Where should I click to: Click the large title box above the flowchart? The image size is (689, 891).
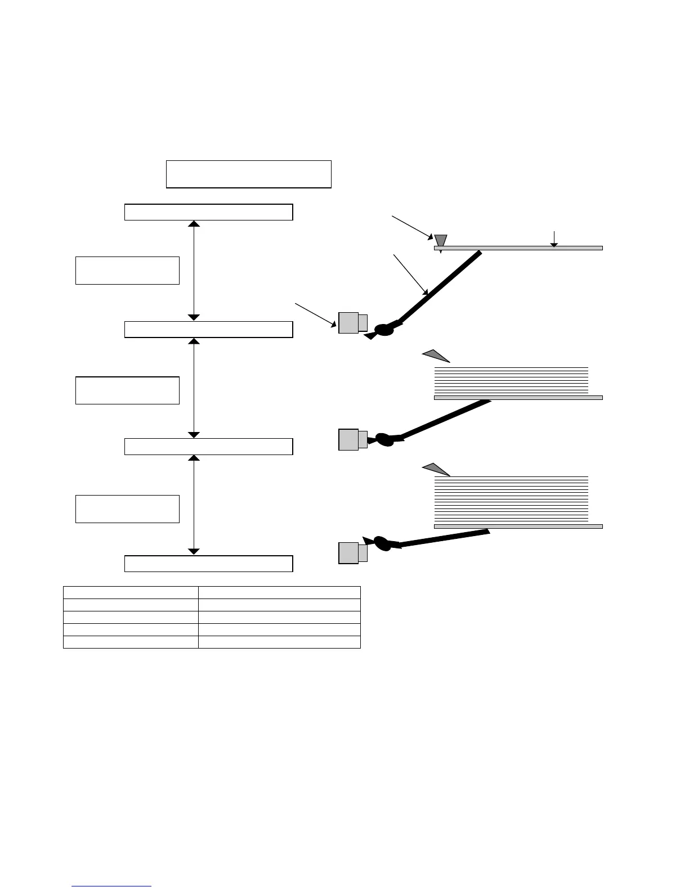[x=248, y=174]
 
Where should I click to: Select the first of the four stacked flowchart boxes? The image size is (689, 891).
[x=208, y=212]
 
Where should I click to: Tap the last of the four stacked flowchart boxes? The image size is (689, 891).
[x=208, y=564]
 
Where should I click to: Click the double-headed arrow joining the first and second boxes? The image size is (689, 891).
[x=194, y=271]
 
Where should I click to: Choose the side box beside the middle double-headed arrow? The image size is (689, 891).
[x=127, y=390]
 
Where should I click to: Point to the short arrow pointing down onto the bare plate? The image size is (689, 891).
[x=554, y=238]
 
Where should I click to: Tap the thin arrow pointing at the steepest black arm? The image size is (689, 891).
[x=410, y=274]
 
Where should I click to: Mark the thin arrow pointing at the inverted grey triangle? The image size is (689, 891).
[x=411, y=227]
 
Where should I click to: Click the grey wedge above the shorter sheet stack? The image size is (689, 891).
[x=436, y=355]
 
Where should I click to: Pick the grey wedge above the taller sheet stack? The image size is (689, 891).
[x=436, y=468]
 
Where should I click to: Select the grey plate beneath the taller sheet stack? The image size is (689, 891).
[x=518, y=526]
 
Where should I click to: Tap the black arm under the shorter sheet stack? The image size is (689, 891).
[x=445, y=419]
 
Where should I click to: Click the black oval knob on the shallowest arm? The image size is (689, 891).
[x=383, y=543]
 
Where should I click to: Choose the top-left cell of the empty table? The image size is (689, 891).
[x=131, y=592]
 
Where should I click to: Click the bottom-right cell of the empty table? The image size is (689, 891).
[x=279, y=642]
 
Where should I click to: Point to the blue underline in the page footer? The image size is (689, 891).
[x=112, y=886]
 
